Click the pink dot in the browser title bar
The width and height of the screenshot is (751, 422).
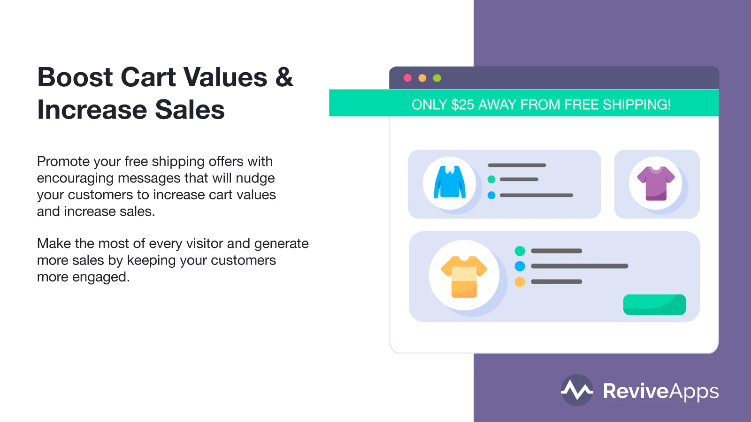coord(407,78)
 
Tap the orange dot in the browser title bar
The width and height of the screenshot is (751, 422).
coord(422,78)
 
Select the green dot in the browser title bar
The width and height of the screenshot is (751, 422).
coord(437,78)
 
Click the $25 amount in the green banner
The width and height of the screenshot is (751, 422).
coord(463,105)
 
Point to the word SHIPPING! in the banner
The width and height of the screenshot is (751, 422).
coord(636,105)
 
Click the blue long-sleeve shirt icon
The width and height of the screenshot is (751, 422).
coord(450,182)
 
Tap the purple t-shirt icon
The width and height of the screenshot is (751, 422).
coord(656,183)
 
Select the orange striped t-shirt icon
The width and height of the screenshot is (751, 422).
coord(464,277)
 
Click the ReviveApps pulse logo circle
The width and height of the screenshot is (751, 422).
coord(577,390)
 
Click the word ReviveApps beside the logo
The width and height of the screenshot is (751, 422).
coord(661,391)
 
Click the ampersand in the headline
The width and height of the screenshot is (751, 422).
coord(284,77)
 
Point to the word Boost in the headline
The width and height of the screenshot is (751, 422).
coord(75,77)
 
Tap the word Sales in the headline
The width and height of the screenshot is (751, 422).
coord(190,109)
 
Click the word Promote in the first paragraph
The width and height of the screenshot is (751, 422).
coord(63,161)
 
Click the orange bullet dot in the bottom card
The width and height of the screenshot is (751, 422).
coord(520,282)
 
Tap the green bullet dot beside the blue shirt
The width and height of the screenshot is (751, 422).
coord(491,179)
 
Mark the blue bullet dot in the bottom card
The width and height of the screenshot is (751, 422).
coord(520,266)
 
